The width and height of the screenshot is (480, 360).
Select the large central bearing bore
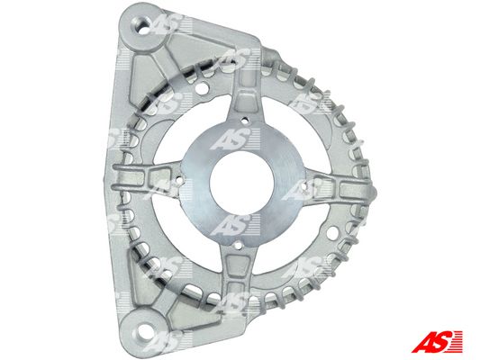point(241,184)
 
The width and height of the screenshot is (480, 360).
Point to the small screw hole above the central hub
point(244,121)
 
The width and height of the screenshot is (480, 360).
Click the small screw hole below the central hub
point(238,245)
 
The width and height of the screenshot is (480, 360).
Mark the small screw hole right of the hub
point(304,185)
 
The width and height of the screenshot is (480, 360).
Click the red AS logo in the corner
point(437,341)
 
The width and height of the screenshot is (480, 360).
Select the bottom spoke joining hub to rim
point(236,269)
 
